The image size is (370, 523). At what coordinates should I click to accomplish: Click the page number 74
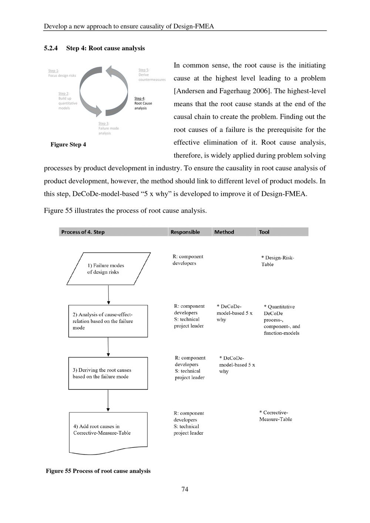pyautogui.click(x=185, y=489)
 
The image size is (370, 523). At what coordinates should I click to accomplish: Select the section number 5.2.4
pyautogui.click(x=51, y=48)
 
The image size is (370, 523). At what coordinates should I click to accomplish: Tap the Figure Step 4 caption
pyautogui.click(x=68, y=145)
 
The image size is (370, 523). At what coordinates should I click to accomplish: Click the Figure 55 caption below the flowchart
pyautogui.click(x=98, y=471)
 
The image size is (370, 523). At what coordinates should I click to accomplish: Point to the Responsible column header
pyautogui.click(x=185, y=232)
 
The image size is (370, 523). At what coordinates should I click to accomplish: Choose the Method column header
pyautogui.click(x=224, y=232)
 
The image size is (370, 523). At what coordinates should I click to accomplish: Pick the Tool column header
pyautogui.click(x=264, y=232)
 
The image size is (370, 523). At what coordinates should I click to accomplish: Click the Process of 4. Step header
pyautogui.click(x=83, y=232)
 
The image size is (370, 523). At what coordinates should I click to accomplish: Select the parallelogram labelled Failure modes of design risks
pyautogui.click(x=108, y=269)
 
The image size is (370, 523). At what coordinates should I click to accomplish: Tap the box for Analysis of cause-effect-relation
pyautogui.click(x=108, y=321)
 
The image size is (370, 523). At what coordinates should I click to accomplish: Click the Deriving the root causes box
pyautogui.click(x=108, y=373)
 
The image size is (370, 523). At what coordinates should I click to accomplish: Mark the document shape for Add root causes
pyautogui.click(x=108, y=431)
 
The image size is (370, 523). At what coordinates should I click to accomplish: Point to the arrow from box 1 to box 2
pyautogui.click(x=108, y=295)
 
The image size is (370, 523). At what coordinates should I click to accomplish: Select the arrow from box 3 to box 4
pyautogui.click(x=108, y=401)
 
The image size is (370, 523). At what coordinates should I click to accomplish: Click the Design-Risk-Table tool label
pyautogui.click(x=277, y=261)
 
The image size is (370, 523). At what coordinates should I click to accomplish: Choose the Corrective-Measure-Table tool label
pyautogui.click(x=276, y=416)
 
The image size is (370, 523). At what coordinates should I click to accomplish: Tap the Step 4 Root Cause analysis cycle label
pyautogui.click(x=143, y=103)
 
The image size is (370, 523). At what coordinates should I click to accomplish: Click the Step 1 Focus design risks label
pyautogui.click(x=62, y=73)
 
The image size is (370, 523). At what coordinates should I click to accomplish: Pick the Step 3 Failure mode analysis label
pyautogui.click(x=108, y=128)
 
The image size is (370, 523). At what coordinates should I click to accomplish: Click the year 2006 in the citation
pyautogui.click(x=260, y=91)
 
